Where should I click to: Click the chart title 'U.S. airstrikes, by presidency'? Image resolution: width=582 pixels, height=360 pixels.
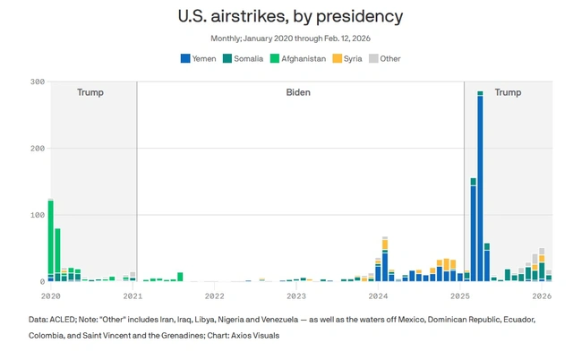(x=290, y=16)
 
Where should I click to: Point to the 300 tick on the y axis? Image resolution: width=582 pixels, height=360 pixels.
(x=37, y=81)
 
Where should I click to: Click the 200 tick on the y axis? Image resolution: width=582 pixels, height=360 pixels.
(x=37, y=149)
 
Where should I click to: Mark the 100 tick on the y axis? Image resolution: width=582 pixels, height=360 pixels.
(x=37, y=215)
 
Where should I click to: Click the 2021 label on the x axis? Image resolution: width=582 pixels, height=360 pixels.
(x=133, y=296)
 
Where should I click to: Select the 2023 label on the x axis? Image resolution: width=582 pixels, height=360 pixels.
(x=296, y=296)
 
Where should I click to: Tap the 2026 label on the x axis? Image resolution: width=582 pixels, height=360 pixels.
(x=542, y=296)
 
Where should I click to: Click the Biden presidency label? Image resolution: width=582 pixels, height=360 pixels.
(x=299, y=92)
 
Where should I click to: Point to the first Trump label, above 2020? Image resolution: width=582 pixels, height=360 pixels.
(x=90, y=92)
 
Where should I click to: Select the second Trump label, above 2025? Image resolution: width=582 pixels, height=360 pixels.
(x=508, y=92)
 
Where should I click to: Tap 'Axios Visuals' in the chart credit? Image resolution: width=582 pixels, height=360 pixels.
(x=252, y=335)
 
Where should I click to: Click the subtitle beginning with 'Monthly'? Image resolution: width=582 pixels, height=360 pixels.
(x=290, y=39)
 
